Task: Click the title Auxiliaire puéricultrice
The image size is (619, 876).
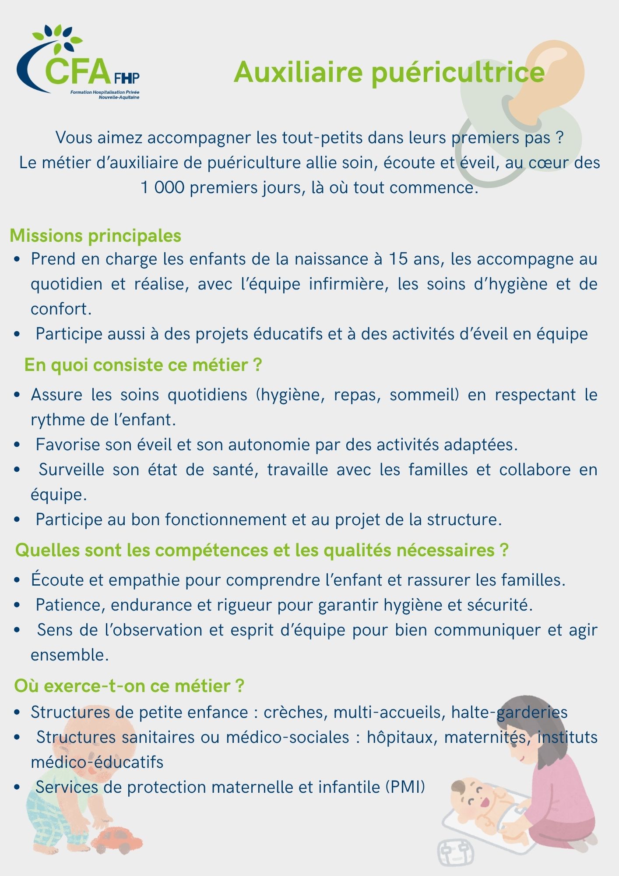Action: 389,72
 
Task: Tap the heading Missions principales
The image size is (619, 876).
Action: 95,236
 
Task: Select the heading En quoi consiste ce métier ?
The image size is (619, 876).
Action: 143,365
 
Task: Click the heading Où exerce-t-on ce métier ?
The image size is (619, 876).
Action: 129,685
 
